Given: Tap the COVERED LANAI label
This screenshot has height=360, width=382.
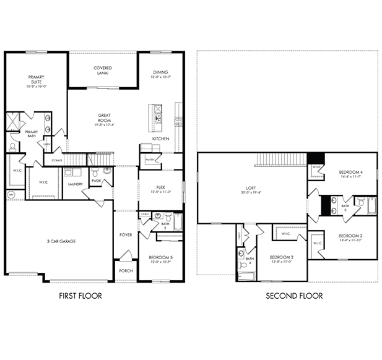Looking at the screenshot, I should click(102, 70).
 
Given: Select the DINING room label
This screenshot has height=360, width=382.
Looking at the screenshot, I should click(160, 74).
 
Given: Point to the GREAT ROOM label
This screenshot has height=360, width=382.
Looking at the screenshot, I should click(105, 118).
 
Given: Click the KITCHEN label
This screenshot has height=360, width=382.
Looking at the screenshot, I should click(160, 139).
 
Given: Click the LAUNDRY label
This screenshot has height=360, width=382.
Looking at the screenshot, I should click(76, 184).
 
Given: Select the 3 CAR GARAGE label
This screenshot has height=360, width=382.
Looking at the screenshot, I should click(61, 241).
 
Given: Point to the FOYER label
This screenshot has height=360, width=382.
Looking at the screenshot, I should click(126, 235).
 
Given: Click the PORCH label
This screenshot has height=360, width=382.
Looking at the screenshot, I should click(126, 270).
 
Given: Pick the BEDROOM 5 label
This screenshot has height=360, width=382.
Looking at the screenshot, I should click(160, 259).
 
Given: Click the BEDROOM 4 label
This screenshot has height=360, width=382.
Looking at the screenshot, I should click(350, 174).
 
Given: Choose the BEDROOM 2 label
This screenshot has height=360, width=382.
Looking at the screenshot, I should click(280, 259).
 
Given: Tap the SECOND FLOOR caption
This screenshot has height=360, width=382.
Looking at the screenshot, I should click(294, 296).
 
